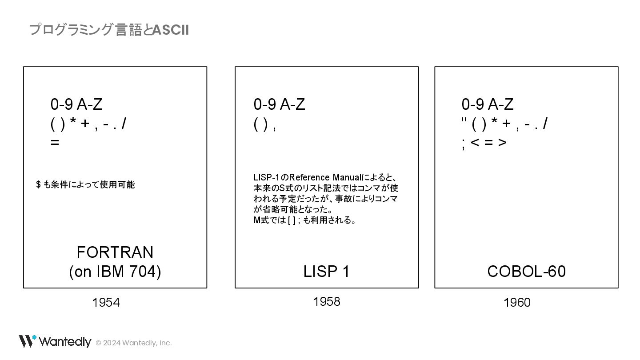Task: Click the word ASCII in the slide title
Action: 171,30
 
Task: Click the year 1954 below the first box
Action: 106,303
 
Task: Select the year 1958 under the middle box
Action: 327,302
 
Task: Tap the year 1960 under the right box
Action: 517,303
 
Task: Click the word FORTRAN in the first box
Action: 115,252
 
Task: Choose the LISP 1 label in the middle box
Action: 327,272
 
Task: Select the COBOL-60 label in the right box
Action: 526,272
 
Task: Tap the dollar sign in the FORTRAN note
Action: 38,184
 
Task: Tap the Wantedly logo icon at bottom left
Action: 27,341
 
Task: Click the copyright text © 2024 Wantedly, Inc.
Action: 134,343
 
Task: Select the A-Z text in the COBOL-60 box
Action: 501,104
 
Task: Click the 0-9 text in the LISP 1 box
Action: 265,104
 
